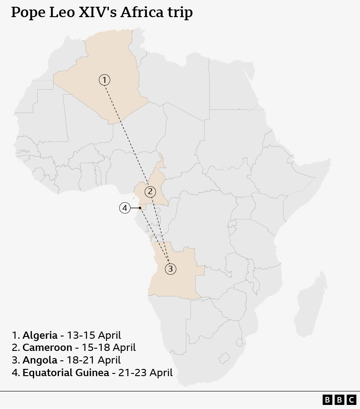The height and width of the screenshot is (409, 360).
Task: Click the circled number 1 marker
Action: click(104, 80)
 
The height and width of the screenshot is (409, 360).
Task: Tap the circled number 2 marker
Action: click(150, 192)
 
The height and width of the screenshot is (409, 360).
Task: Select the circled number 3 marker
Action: click(170, 269)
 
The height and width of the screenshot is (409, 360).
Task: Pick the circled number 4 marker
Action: click(125, 208)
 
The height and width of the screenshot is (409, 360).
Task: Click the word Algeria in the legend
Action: click(40, 335)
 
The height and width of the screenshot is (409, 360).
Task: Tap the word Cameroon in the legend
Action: click(47, 347)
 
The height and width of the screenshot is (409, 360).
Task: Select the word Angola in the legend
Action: click(40, 360)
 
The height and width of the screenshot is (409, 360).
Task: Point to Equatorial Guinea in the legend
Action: click(66, 373)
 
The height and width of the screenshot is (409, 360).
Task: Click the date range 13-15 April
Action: click(94, 335)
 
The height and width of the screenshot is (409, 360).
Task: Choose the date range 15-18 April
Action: click(108, 347)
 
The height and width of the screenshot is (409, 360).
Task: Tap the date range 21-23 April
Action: click(145, 373)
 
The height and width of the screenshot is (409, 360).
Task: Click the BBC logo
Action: click(339, 400)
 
